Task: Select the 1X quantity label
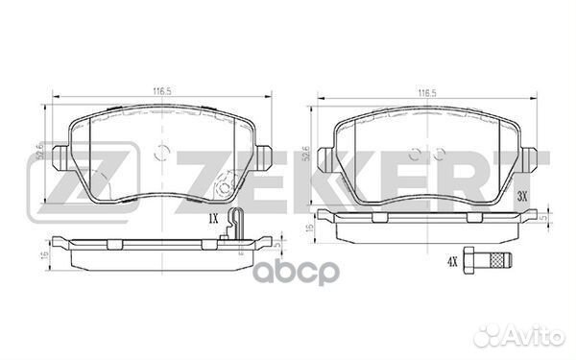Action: point(213,220)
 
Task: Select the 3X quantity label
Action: point(522,197)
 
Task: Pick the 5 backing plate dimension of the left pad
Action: point(276,245)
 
